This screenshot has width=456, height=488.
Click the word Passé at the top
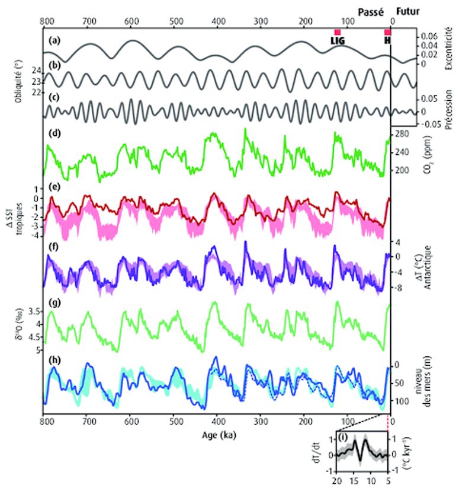coord(372,11)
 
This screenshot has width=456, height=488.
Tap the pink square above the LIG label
coord(337,32)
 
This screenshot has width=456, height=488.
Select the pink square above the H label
coord(387,32)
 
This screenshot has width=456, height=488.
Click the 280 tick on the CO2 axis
coord(404,135)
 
